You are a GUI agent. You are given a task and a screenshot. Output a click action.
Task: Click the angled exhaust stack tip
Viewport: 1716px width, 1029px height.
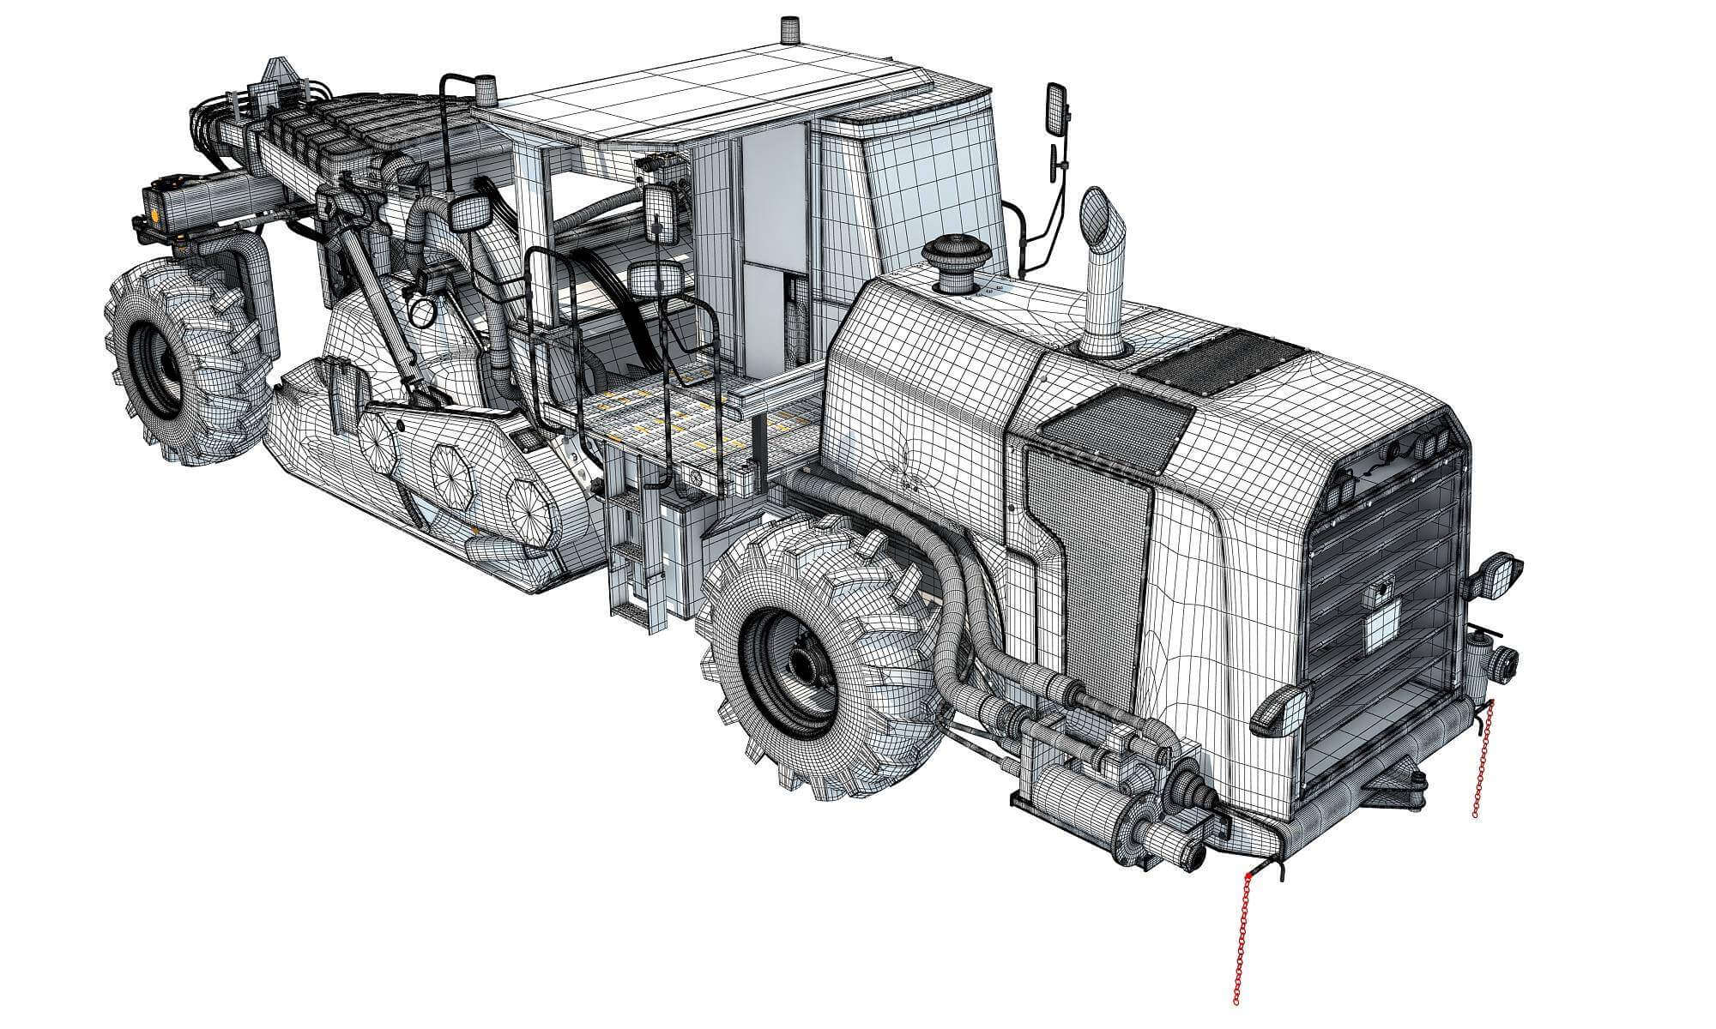click(x=1103, y=213)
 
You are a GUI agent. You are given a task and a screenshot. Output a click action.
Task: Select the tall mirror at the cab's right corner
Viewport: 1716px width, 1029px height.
click(x=1057, y=109)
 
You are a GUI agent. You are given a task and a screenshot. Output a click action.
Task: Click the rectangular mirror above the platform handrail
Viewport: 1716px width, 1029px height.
click(x=658, y=280)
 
